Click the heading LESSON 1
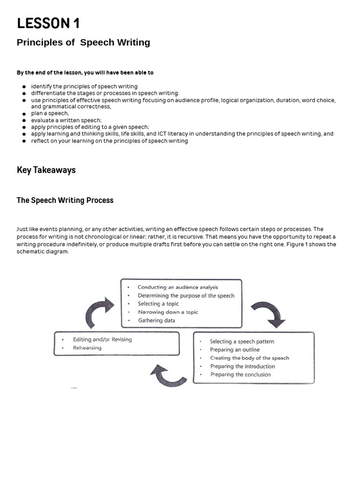pyautogui.click(x=48, y=23)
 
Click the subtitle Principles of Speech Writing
pyautogui.click(x=83, y=43)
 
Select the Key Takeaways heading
pyautogui.click(x=46, y=170)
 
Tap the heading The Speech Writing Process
pyautogui.click(x=65, y=200)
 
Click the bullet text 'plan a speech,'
pyautogui.click(x=50, y=113)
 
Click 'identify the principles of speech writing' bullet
pyautogui.click(x=84, y=86)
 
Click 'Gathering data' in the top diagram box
pyautogui.click(x=157, y=321)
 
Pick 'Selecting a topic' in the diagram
pyautogui.click(x=158, y=304)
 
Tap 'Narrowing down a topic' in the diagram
pyautogui.click(x=168, y=312)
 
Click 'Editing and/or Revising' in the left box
pyautogui.click(x=102, y=339)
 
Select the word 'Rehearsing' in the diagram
pyautogui.click(x=87, y=348)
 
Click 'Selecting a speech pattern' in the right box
pyautogui.click(x=242, y=342)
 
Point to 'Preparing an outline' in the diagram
pyautogui.click(x=234, y=350)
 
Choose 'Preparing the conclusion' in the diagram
pyautogui.click(x=240, y=375)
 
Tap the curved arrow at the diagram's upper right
pyautogui.click(x=268, y=314)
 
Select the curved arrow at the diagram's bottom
pyautogui.click(x=168, y=375)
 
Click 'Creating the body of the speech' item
pyautogui.click(x=249, y=358)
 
